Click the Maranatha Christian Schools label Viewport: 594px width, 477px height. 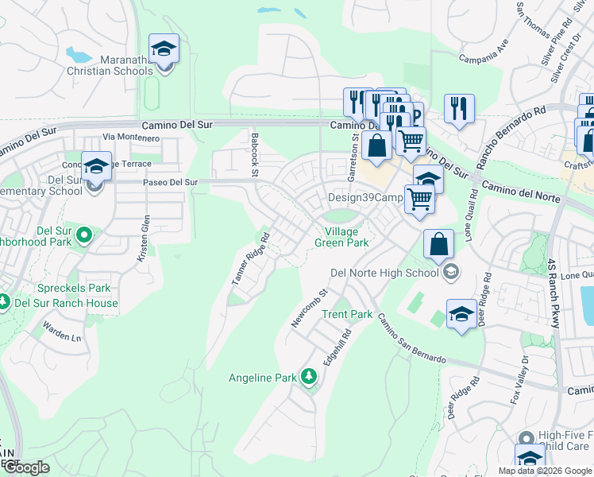(x=126, y=64)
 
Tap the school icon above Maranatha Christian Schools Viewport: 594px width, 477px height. (x=164, y=49)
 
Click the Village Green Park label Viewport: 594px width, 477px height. (x=341, y=237)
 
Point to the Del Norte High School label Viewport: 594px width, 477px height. (x=383, y=273)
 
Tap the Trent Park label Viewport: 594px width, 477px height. (x=347, y=314)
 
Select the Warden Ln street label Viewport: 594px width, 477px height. (x=62, y=332)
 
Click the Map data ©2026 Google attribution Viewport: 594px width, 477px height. (x=544, y=471)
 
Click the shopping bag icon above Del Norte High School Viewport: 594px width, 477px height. (x=439, y=244)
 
